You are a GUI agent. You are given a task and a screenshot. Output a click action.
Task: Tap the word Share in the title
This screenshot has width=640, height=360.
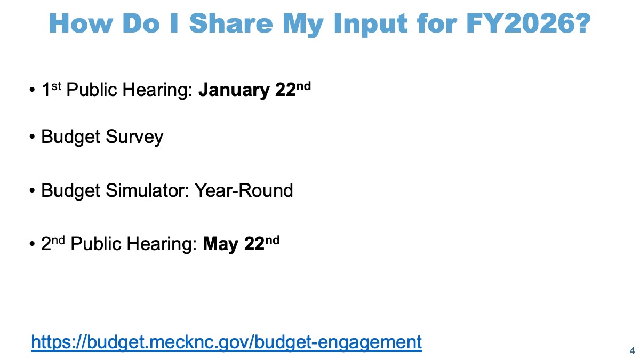(x=231, y=23)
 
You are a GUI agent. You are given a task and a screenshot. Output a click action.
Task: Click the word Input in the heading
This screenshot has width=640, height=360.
(x=370, y=25)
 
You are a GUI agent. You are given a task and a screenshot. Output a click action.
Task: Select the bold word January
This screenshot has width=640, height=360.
(x=234, y=90)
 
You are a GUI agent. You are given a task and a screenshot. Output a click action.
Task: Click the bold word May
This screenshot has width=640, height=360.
(x=220, y=245)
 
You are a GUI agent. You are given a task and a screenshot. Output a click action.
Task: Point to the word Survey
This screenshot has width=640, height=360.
(x=134, y=137)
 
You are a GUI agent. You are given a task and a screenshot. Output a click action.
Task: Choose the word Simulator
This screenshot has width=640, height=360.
(x=147, y=190)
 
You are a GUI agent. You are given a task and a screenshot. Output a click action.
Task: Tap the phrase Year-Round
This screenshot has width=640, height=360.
(x=244, y=190)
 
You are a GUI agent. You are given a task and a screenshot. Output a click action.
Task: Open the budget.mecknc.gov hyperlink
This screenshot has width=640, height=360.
(x=226, y=342)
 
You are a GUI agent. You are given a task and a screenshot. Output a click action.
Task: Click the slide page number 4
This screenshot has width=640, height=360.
(x=633, y=350)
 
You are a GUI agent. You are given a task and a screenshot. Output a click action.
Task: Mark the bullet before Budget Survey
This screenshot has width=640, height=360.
(x=32, y=137)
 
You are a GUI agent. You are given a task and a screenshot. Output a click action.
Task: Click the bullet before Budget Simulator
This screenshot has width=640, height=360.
(x=32, y=190)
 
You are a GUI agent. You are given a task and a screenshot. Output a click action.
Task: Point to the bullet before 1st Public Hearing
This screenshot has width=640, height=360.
(x=32, y=90)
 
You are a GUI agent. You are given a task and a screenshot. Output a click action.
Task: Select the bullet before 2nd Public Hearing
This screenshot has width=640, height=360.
(x=32, y=244)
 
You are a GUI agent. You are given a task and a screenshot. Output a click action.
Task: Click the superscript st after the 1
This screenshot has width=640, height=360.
(x=57, y=86)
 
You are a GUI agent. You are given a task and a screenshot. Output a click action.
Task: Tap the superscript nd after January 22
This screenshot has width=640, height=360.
(x=303, y=86)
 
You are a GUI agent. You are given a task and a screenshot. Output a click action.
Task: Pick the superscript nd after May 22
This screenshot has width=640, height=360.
(x=273, y=241)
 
